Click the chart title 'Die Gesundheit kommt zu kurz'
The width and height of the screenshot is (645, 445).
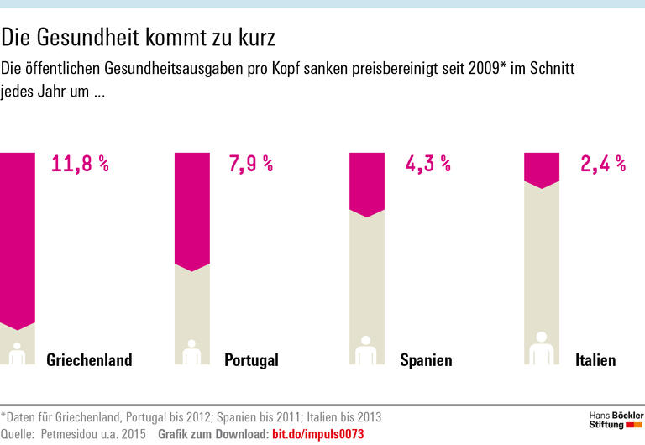tap(138, 38)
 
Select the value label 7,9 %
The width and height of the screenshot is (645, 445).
tap(250, 164)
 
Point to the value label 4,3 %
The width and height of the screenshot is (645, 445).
tap(428, 164)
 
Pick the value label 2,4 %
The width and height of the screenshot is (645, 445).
tap(603, 164)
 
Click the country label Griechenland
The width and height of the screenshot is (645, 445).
tap(89, 360)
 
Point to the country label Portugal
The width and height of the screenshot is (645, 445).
tap(251, 360)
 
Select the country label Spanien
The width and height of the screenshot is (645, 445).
tap(426, 360)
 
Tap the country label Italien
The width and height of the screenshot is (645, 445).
tap(595, 360)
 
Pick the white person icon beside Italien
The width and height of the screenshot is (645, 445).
tap(542, 349)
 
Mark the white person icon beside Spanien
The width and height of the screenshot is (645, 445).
tap(366, 352)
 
